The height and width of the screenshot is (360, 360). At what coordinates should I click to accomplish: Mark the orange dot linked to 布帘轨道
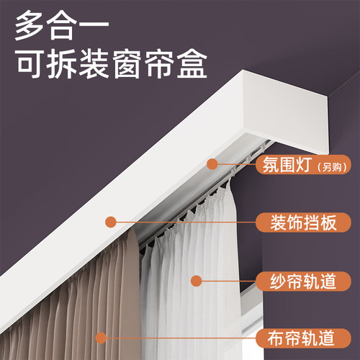tap(100, 336)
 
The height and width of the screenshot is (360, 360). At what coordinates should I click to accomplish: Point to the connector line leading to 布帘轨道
tap(180, 336)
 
